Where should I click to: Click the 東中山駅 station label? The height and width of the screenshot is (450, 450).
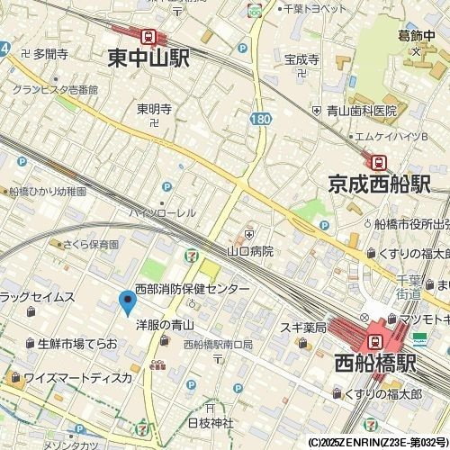[x=148, y=58]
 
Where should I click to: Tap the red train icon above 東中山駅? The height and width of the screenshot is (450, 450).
[x=148, y=36]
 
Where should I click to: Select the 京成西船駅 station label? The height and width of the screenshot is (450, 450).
[x=379, y=184]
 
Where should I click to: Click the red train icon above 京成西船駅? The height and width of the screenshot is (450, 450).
[x=380, y=162]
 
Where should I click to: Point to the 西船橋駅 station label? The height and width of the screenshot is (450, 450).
[x=374, y=364]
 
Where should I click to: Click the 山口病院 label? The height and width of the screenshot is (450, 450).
[x=250, y=251]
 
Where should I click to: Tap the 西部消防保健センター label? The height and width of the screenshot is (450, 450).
[x=192, y=289]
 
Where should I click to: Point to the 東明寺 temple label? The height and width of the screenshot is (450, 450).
[x=153, y=108]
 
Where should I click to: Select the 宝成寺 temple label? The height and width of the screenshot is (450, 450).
[x=302, y=59]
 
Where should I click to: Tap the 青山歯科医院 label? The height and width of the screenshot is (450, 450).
[x=361, y=111]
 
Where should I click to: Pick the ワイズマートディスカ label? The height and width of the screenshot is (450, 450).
[x=77, y=377]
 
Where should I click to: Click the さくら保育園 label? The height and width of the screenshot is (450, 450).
[x=91, y=244]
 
